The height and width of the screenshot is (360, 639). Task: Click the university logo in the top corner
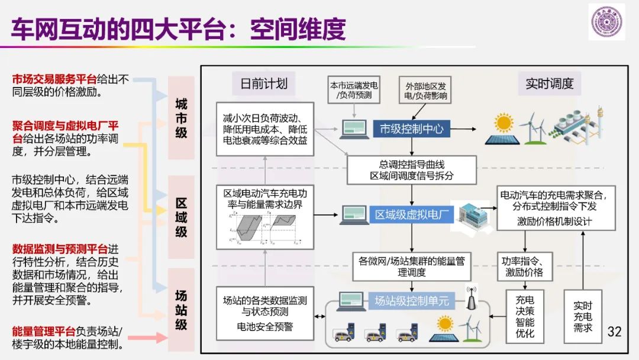click(606, 22)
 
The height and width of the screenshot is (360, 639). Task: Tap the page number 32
click(614, 332)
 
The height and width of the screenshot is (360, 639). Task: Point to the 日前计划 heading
click(264, 83)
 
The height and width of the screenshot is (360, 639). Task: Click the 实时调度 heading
click(549, 83)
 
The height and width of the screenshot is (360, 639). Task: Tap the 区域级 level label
click(181, 217)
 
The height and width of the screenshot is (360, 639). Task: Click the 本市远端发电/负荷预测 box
click(354, 90)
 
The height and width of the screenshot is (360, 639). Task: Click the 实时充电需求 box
click(582, 317)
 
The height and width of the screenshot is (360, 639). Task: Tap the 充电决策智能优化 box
click(525, 317)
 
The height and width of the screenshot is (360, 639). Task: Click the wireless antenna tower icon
click(472, 299)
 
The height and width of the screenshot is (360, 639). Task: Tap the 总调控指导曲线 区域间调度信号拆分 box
click(411, 169)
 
